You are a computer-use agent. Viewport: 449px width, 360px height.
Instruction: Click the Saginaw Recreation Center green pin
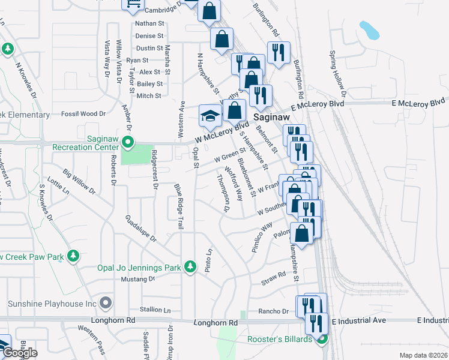pos(127,143)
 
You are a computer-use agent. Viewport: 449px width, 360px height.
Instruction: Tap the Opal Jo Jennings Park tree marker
pos(190,265)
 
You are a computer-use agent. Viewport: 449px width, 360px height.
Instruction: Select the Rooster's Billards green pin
pos(322,340)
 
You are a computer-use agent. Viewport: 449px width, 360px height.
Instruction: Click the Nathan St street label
pos(149,23)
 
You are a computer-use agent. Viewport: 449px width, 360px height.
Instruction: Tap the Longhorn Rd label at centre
pos(216,323)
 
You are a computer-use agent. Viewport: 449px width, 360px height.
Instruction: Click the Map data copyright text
pos(423,355)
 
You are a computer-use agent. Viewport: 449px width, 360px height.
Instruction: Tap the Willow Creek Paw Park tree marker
pos(73,256)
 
